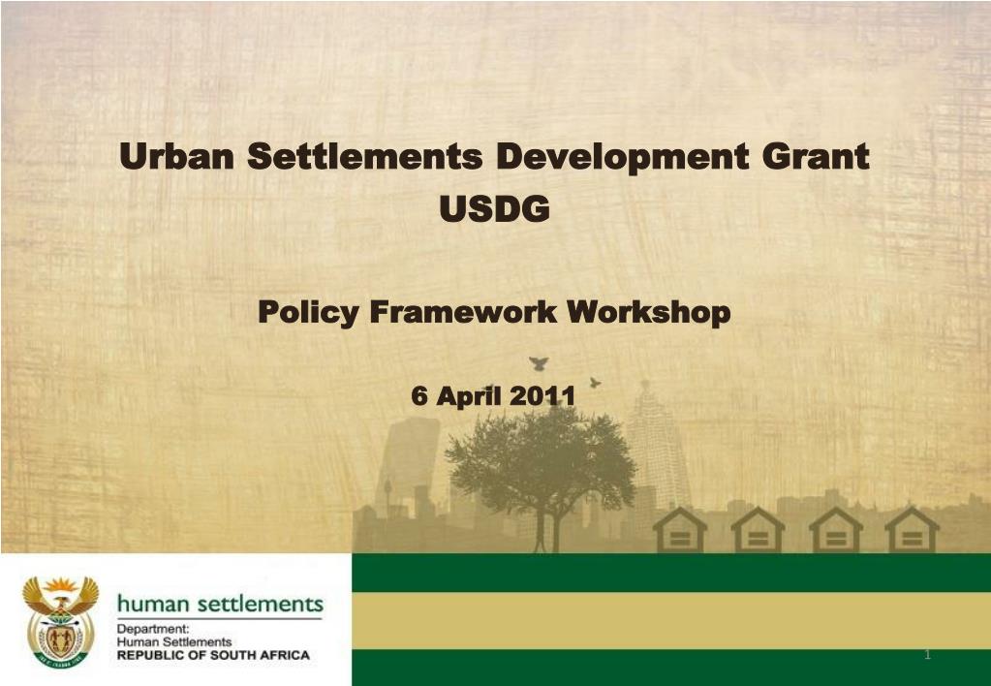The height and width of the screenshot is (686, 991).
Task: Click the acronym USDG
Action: [495, 207]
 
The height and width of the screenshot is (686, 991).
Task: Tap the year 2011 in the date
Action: [542, 396]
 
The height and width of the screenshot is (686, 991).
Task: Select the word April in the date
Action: [466, 396]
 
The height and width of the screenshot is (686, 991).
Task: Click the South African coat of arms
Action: [60, 620]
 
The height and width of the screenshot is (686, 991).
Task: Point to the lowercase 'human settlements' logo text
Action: [220, 605]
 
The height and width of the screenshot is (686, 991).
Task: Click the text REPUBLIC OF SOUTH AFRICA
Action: [213, 655]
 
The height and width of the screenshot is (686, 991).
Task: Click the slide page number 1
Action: [927, 656]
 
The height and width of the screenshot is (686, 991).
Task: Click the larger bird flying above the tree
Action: [539, 363]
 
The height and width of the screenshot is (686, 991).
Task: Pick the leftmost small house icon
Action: [679, 530]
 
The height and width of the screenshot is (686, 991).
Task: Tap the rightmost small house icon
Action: [912, 530]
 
